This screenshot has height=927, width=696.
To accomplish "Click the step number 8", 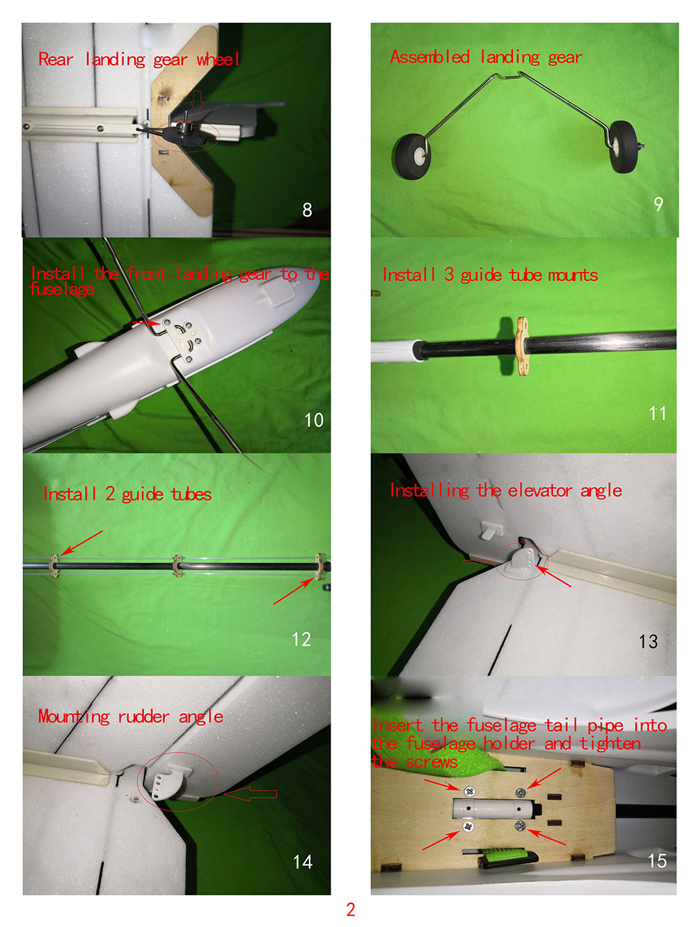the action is point(307,209).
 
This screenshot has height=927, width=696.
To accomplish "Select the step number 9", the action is point(658,204).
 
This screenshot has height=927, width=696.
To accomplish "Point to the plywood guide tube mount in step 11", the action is point(523,346).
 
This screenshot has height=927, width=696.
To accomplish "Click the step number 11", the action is point(658,413).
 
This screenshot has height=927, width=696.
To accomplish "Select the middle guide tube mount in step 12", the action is point(178,566).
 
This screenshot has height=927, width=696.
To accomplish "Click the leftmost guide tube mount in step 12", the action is point(54,566).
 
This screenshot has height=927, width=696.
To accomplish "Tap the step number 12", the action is point(301,639).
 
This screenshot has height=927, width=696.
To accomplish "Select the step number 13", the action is point(648,641).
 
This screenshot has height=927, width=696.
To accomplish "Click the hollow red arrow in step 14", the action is point(250,794).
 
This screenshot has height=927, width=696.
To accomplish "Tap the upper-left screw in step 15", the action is point(468,791).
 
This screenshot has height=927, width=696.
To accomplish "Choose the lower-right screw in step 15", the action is point(520,825).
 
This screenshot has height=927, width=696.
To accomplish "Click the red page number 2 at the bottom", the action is point(350,909).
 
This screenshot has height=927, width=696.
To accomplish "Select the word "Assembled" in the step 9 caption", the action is point(429,56).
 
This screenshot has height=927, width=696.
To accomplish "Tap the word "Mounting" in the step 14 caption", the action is point(74,717).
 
